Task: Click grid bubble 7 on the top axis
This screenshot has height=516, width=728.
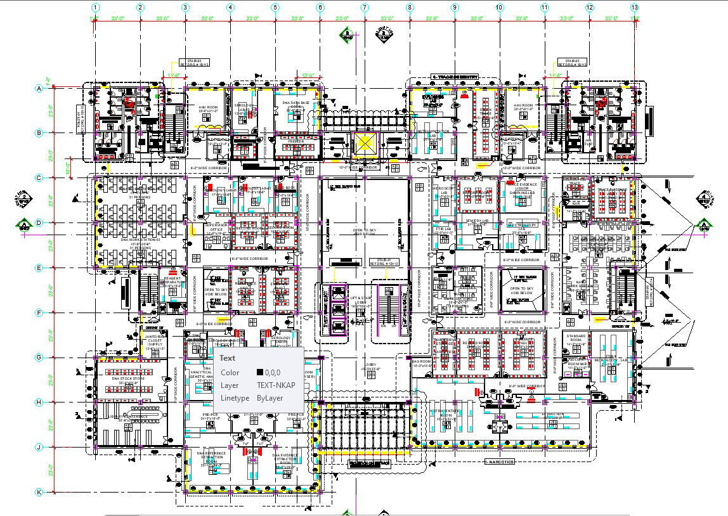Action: pos(365,7)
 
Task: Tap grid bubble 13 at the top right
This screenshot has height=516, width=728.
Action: pos(635,7)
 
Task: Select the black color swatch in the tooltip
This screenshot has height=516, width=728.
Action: pos(260,373)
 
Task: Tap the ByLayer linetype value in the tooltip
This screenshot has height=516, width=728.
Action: pos(270,397)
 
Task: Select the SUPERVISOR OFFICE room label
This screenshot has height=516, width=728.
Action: pos(216,229)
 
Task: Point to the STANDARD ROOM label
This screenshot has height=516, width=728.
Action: pos(575,337)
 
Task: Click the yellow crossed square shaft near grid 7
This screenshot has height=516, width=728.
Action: pos(365,144)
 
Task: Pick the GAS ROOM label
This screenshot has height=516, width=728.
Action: pos(421,363)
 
